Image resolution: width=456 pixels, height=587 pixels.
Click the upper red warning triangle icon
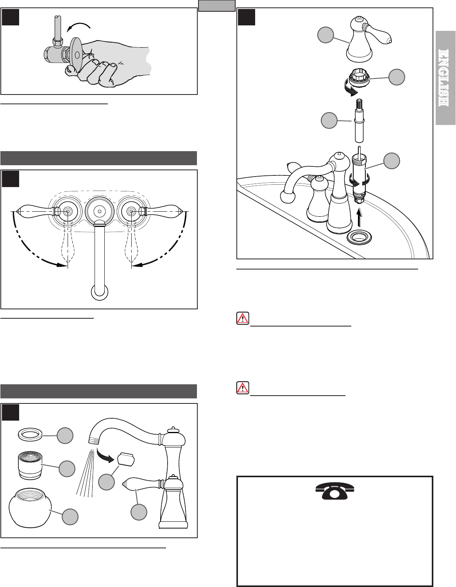pyautogui.click(x=243, y=318)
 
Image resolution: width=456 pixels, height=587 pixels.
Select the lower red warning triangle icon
pyautogui.click(x=243, y=388)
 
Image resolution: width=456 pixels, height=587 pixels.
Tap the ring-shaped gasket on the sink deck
pyautogui.click(x=359, y=238)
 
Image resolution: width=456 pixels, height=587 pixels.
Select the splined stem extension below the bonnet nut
pyautogui.click(x=359, y=120)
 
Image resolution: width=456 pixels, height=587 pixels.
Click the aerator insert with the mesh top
pyautogui.click(x=30, y=467)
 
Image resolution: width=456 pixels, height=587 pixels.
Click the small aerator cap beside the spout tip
pyautogui.click(x=126, y=460)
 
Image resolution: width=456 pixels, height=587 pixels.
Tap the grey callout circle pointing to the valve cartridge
pyautogui.click(x=392, y=161)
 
